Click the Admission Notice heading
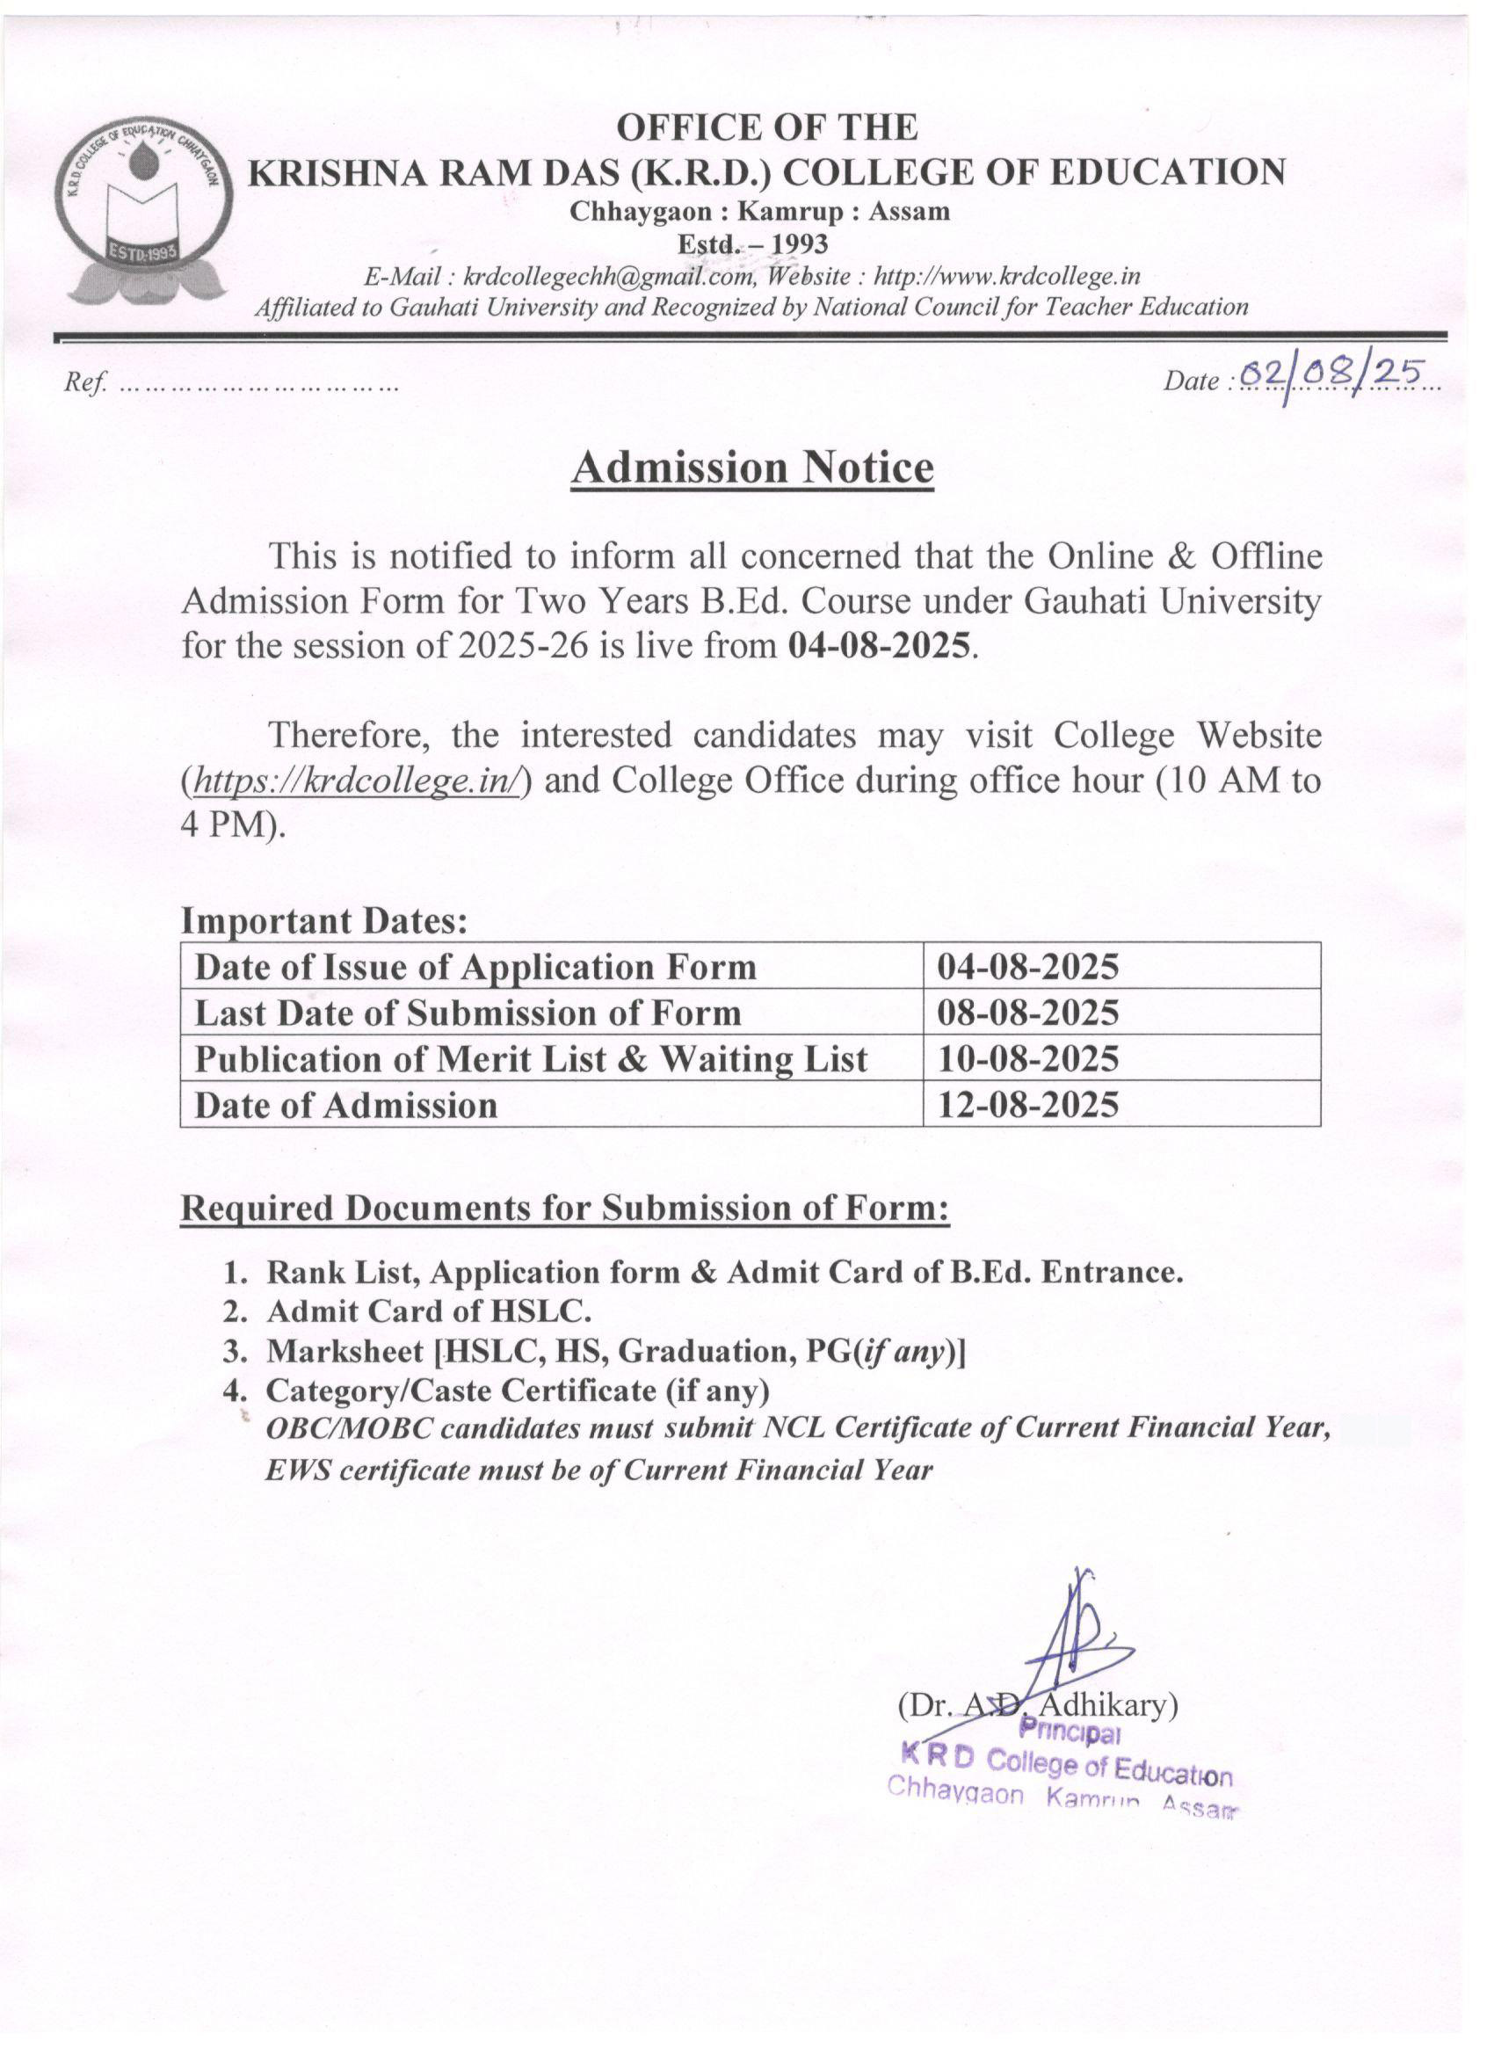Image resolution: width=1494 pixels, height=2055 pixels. (x=751, y=468)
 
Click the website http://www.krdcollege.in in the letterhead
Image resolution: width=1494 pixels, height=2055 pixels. (x=1004, y=275)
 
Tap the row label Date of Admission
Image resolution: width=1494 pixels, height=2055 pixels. (x=345, y=1105)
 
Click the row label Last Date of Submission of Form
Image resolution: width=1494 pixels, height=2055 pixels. (x=468, y=1012)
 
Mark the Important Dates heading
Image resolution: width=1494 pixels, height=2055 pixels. (x=324, y=921)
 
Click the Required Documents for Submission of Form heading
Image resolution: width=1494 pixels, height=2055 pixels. (x=564, y=1208)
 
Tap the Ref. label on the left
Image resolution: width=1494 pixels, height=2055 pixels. (x=85, y=382)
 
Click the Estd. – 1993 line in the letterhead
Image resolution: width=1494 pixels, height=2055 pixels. (x=752, y=243)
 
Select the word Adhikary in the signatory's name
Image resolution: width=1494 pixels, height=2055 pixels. (x=1106, y=1705)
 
